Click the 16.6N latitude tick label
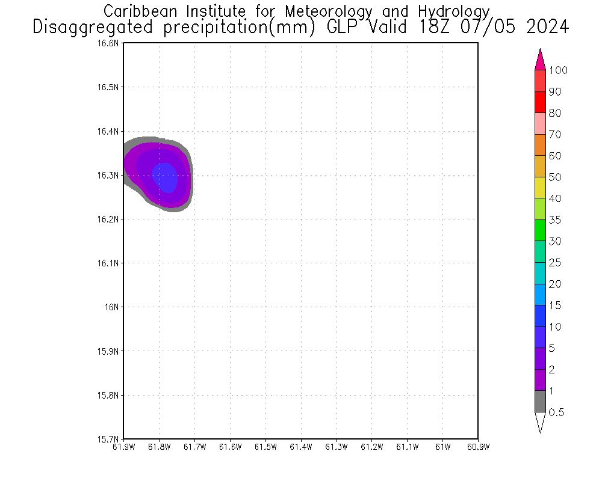point(110,43)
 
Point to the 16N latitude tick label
point(113,307)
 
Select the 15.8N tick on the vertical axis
point(110,395)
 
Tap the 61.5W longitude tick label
point(265,447)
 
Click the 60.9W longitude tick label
point(478,447)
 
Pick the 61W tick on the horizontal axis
point(442,447)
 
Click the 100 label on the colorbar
point(558,70)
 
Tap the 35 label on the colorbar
point(554,220)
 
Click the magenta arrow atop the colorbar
point(540,60)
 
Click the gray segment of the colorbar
point(540,401)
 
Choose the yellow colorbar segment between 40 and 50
point(540,188)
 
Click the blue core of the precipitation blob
point(165,177)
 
